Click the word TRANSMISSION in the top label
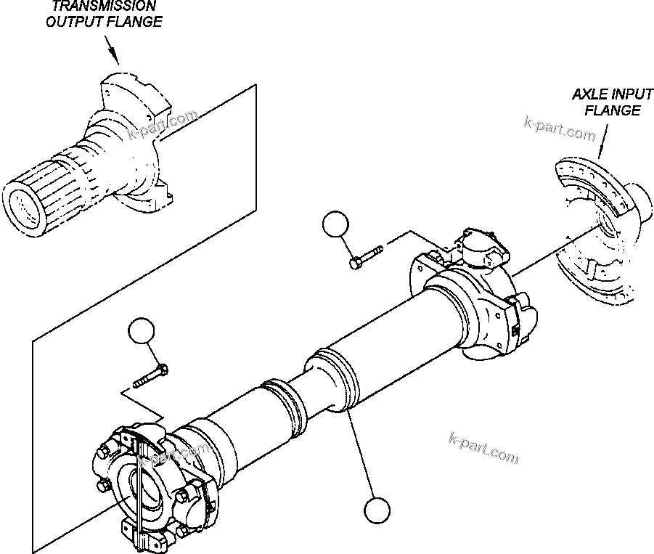[x=104, y=6]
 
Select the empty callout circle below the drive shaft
[x=377, y=510]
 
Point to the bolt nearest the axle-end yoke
[x=366, y=258]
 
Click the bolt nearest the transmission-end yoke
[x=151, y=377]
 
